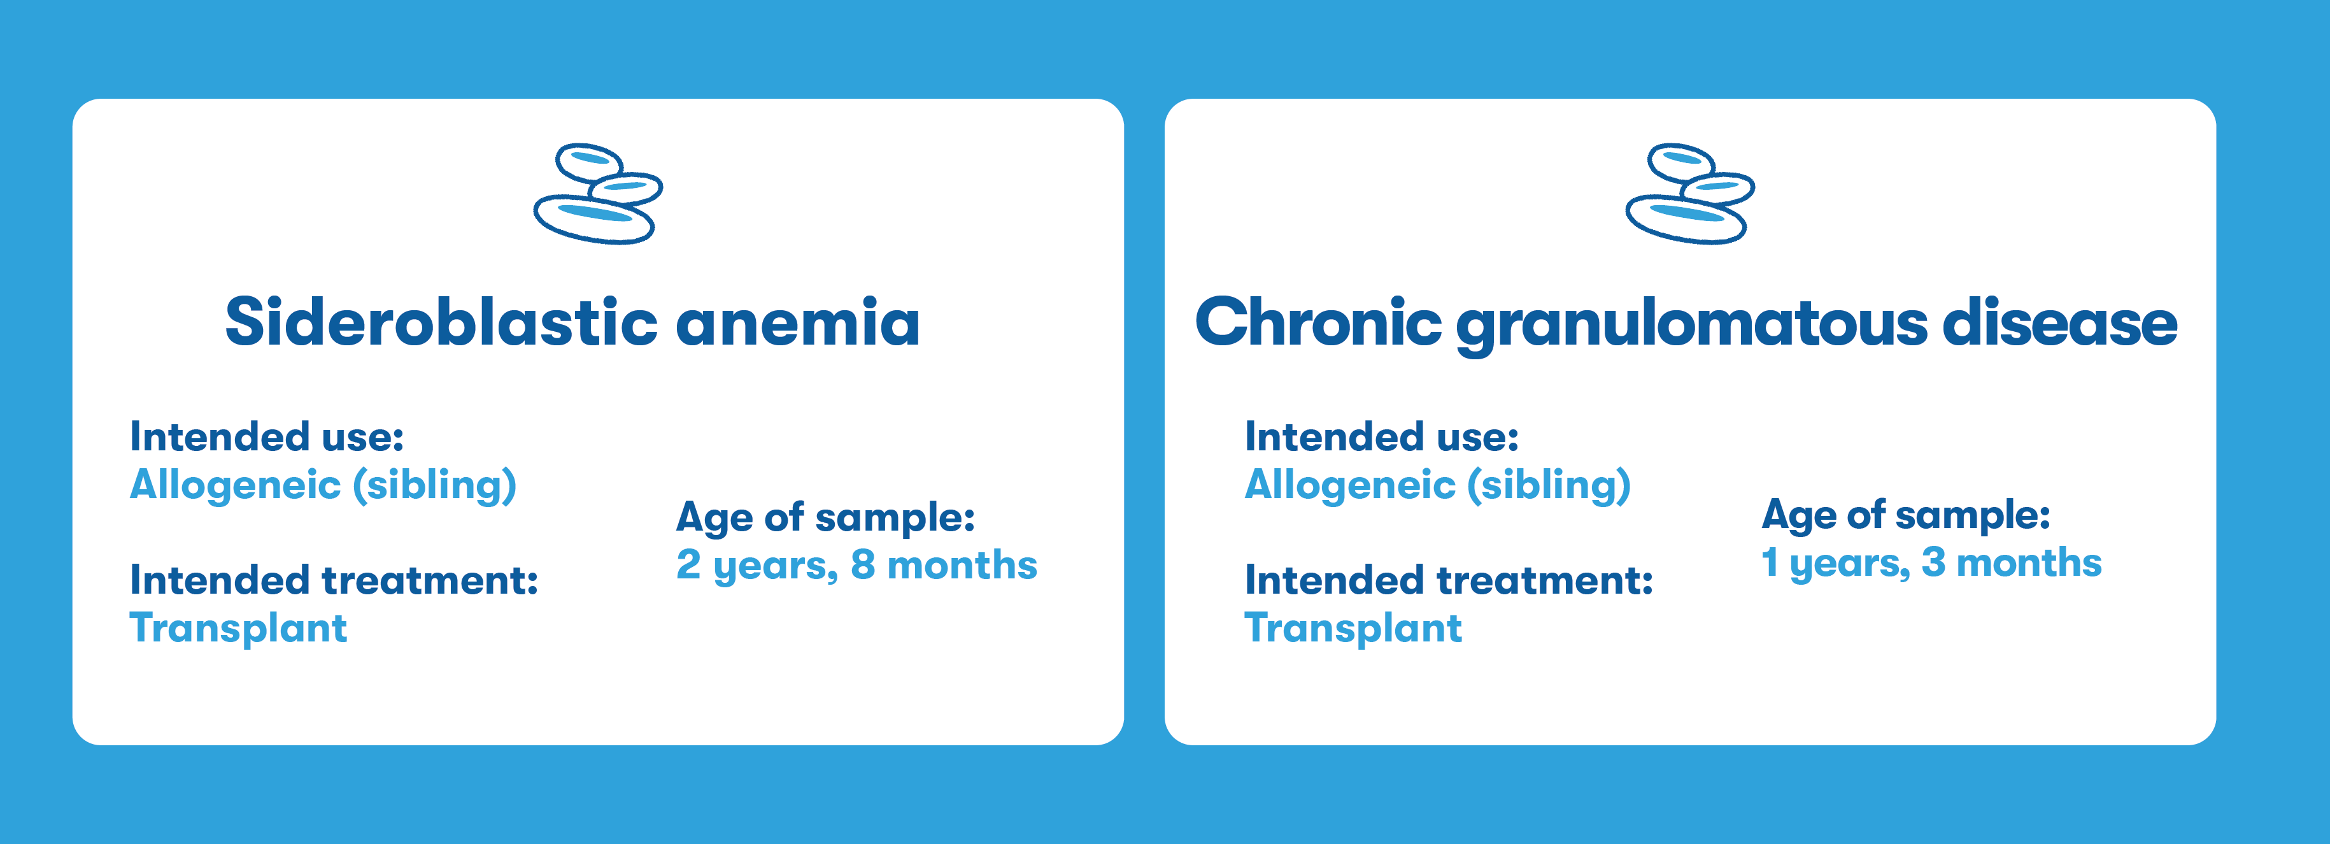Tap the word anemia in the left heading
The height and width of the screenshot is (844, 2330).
798,323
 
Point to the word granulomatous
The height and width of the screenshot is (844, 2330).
1691,325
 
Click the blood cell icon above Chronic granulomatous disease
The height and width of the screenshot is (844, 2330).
1689,194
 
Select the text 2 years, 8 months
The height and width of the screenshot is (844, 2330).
856,566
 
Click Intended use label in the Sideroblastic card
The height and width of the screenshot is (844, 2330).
267,436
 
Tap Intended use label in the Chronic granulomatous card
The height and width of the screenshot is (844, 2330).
1381,436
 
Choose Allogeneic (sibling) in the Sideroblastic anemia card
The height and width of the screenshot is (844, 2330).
323,486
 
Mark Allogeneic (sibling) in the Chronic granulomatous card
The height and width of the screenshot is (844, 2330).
1437,486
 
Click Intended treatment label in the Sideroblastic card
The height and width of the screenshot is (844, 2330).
334,580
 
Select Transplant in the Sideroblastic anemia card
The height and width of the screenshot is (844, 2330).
238,628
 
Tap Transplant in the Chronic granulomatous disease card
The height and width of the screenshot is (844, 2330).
1353,628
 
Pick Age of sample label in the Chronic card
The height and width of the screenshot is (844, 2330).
1906,515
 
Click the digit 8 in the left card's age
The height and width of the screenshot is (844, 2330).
863,564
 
